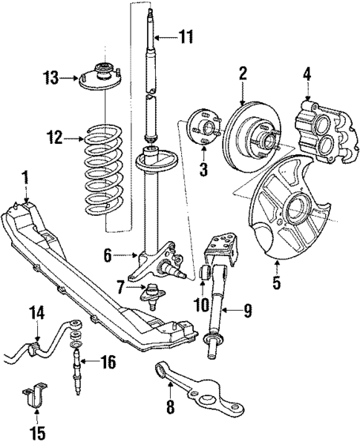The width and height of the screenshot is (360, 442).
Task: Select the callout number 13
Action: (x=50, y=76)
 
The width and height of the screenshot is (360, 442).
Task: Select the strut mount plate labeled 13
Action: (x=97, y=77)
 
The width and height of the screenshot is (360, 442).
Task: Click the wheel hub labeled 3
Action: (x=203, y=128)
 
